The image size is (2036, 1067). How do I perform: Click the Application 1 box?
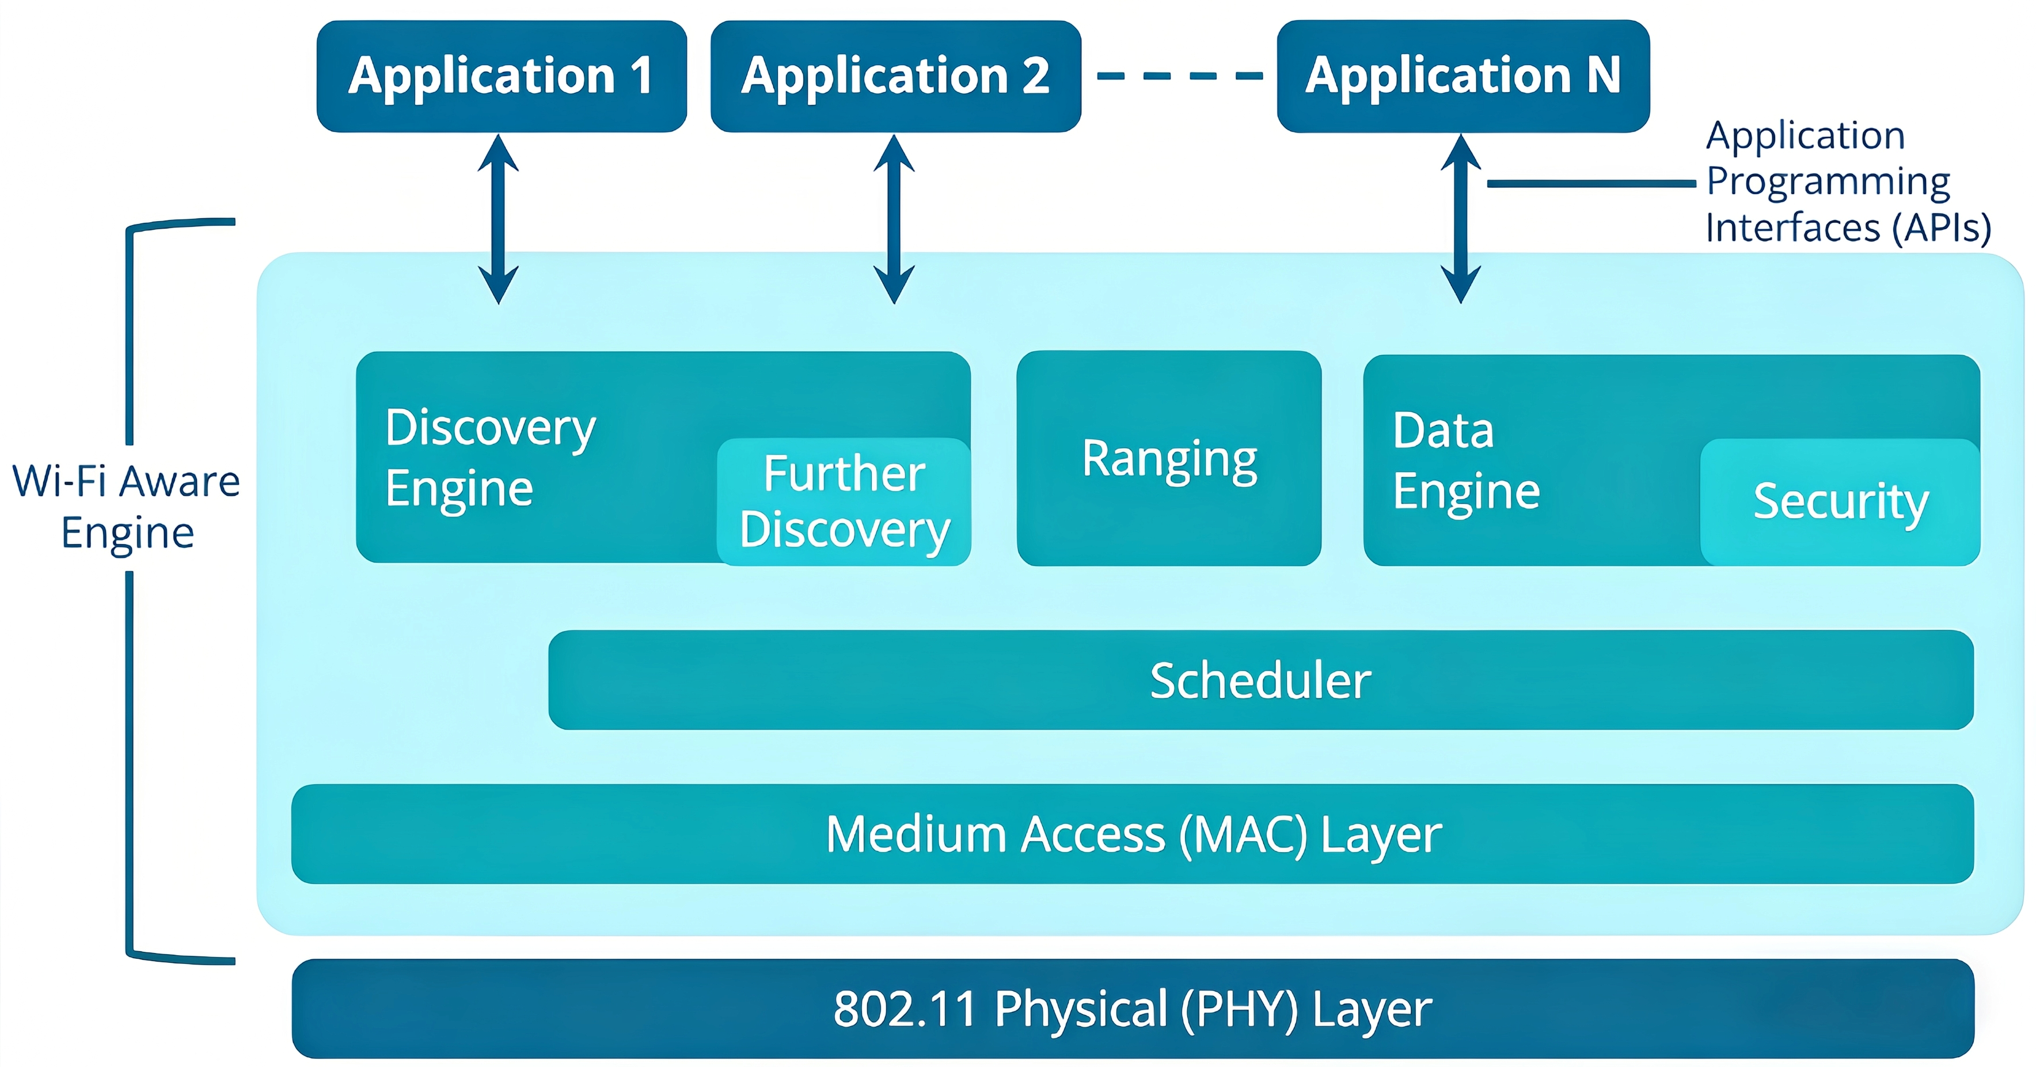[x=501, y=76]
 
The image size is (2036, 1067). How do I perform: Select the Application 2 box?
[x=895, y=76]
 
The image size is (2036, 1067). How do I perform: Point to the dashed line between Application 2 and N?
[x=1179, y=76]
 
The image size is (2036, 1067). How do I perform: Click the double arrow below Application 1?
[x=499, y=219]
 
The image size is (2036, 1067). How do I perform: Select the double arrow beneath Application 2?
[x=894, y=219]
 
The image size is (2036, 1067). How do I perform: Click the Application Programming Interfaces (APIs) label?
[x=1847, y=182]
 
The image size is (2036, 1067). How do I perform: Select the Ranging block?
[x=1168, y=458]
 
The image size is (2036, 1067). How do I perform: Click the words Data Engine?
[x=1465, y=460]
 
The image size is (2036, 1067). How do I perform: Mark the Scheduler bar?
[x=1260, y=679]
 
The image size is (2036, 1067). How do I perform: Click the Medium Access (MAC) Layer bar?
[x=1132, y=834]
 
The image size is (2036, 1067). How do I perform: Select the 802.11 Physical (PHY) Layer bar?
[x=1132, y=1008]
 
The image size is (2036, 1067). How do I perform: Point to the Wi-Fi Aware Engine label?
[x=127, y=506]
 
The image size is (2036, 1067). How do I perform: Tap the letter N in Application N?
[x=1603, y=76]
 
